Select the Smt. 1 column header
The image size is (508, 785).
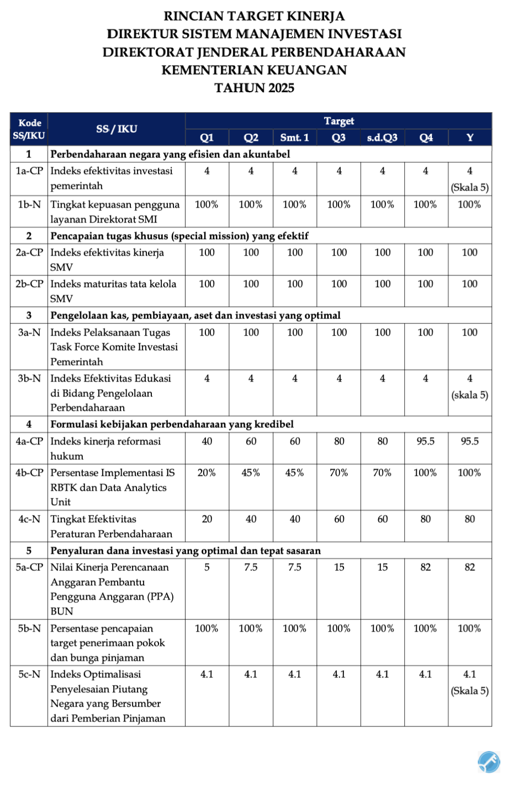[x=295, y=137]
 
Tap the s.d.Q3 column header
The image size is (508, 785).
[x=382, y=137]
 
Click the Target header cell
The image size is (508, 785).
[x=338, y=121]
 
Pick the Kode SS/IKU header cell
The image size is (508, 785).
[x=29, y=129]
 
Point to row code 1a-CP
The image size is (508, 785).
[x=29, y=171]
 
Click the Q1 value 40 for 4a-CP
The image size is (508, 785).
[x=207, y=442]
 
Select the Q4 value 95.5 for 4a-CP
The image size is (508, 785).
[x=426, y=442]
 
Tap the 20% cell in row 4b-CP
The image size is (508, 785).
[x=207, y=473]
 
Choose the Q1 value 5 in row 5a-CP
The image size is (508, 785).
[x=207, y=567]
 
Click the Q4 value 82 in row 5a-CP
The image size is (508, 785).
[x=426, y=567]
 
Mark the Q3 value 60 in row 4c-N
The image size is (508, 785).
[x=339, y=519]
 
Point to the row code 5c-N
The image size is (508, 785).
[x=29, y=675]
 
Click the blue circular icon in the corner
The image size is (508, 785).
[x=489, y=762]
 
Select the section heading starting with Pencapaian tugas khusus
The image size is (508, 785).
[x=179, y=236]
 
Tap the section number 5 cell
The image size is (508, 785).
[x=29, y=551]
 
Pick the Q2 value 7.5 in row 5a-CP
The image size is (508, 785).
[x=251, y=567]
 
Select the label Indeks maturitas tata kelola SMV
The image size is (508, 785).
[x=113, y=291]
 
